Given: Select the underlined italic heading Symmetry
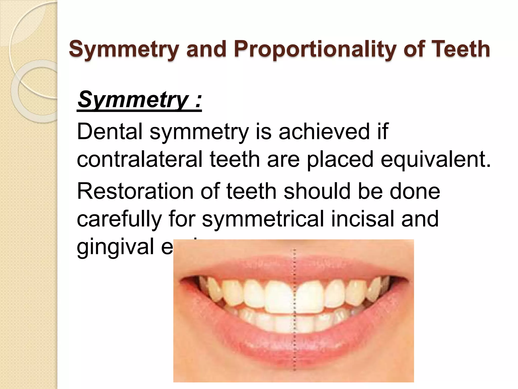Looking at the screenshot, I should (x=139, y=99).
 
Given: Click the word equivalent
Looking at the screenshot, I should (x=435, y=159).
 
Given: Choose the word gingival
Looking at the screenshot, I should (x=115, y=246).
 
